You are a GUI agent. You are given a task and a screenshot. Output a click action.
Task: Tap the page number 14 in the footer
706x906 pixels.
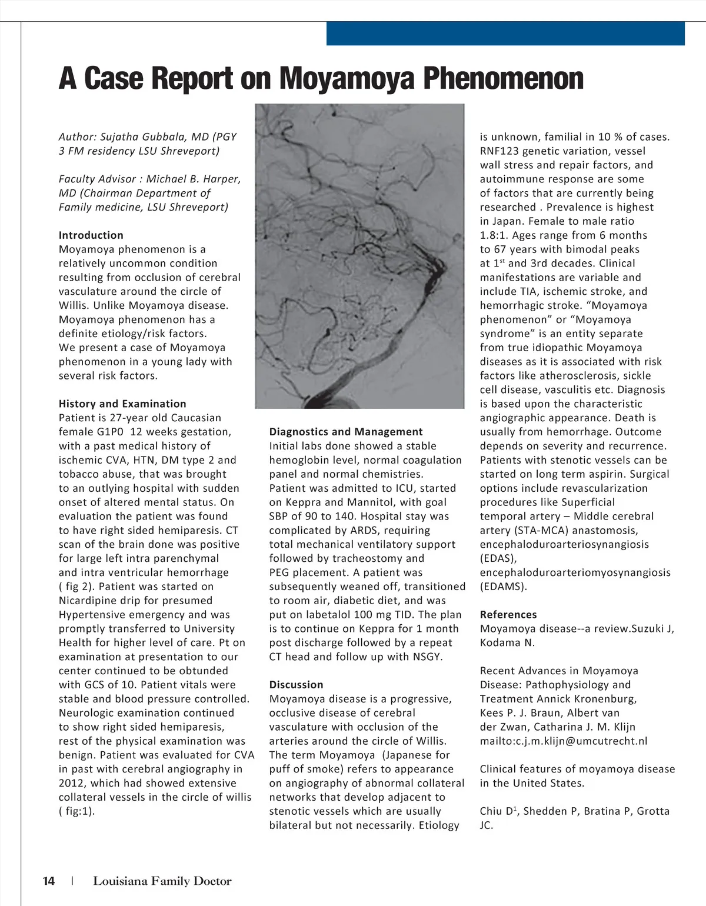pos(48,881)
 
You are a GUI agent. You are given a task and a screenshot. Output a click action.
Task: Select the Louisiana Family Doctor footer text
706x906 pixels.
pos(162,881)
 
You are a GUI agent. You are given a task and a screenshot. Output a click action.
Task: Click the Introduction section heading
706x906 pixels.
pos(91,235)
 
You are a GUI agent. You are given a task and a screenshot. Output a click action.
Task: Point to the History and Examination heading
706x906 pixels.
pos(122,404)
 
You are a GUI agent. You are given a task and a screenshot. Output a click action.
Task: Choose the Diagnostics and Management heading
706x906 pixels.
pos(346,432)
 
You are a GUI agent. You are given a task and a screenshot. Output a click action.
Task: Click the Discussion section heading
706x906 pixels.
pos(296,685)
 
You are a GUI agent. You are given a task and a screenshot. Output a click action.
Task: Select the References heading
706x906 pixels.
pos(508,615)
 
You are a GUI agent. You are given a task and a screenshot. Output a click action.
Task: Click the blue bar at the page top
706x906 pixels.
pos(505,34)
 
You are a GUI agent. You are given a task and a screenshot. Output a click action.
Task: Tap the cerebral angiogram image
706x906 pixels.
pos(359,256)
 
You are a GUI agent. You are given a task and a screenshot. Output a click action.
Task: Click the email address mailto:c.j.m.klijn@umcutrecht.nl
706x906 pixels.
pos(563,741)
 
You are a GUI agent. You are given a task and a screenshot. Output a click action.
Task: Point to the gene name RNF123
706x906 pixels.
pos(499,151)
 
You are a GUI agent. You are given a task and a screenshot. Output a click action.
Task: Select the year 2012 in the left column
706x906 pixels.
pos(71,783)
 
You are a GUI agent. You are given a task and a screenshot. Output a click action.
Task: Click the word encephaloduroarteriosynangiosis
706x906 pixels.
pos(564,544)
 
